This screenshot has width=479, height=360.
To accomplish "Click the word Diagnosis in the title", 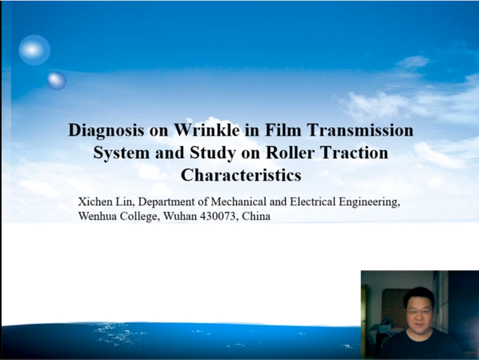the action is [x=106, y=130].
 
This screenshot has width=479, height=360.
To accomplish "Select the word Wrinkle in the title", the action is [x=207, y=130].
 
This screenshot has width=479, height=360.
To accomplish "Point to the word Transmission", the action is [x=360, y=130].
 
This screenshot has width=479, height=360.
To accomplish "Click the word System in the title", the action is [x=121, y=153].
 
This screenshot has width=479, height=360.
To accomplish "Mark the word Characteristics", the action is [x=241, y=175].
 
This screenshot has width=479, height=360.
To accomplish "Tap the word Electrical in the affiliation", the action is [x=313, y=202].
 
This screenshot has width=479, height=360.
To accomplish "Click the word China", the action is [x=256, y=216].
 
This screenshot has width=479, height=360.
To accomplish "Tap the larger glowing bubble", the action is [x=34, y=50].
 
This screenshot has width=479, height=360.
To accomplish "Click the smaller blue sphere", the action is [x=57, y=81].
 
